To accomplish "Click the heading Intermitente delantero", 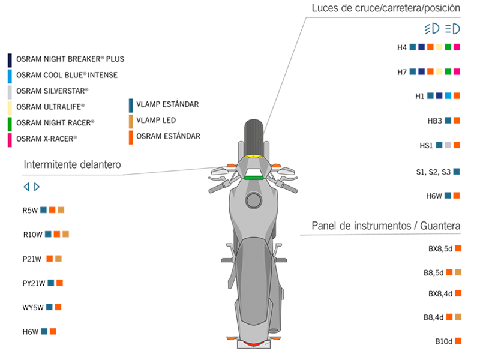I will point(72,164).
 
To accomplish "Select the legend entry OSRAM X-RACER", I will point(47,139).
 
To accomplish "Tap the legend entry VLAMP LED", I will point(156,120).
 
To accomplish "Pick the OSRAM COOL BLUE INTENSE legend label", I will point(67,75).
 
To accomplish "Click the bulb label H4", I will point(402,47).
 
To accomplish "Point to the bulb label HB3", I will point(435,121).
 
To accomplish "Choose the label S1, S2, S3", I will point(433,172).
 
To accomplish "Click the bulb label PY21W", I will point(34,283).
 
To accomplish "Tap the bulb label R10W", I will point(33,234).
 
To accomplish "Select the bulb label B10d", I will point(443,341).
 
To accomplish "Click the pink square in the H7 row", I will point(457,71).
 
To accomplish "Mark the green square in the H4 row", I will point(448,47).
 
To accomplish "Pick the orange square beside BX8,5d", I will point(458,248).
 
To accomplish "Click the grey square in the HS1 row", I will point(448,145).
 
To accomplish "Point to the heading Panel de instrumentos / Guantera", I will point(386,226).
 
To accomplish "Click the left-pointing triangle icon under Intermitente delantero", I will point(26,187).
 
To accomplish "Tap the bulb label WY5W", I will point(34,307).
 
